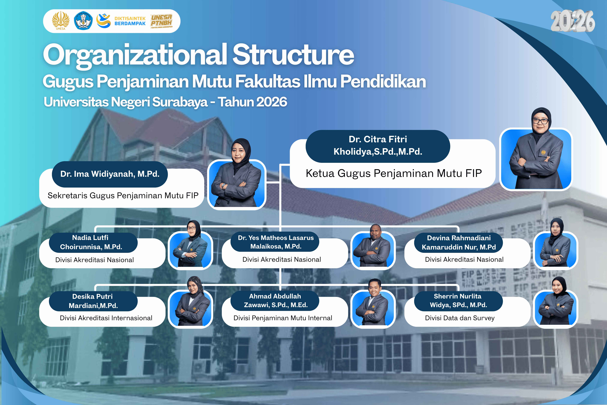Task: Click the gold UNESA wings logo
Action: [61, 21]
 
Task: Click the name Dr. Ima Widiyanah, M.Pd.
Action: [110, 174]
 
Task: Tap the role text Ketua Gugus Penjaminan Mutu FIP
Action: [394, 173]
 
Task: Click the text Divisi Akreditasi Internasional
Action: [106, 318]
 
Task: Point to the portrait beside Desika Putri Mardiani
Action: [191, 302]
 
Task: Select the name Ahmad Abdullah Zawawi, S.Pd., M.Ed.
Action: [276, 301]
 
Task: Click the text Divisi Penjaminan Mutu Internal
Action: [283, 318]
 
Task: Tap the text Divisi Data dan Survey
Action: [460, 318]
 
